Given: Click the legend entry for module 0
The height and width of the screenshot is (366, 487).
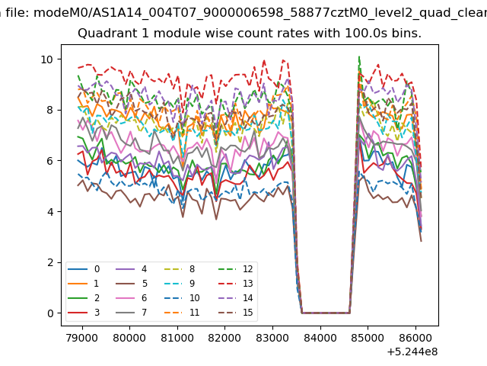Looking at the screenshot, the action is (84, 269).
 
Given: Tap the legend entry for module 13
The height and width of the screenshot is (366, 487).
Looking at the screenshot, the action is (236, 284).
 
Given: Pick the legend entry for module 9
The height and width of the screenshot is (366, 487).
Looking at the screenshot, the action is (180, 284).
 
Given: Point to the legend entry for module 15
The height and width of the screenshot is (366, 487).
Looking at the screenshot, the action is (236, 312).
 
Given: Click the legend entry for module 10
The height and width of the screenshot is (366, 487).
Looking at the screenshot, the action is (182, 298).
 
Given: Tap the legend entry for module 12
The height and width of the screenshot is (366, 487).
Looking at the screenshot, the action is (236, 269).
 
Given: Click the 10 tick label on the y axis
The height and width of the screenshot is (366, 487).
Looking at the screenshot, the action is (47, 59).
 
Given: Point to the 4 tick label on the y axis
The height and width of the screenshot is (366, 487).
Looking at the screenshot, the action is (50, 212).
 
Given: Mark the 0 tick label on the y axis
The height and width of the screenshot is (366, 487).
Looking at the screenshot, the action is (50, 313).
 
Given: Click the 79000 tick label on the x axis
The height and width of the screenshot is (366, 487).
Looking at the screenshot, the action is (82, 338).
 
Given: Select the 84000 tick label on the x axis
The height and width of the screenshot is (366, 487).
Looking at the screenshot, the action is (320, 338).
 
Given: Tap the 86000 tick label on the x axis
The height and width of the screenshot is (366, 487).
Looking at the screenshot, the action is (415, 338).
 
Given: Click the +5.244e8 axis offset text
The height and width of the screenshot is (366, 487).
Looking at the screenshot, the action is (412, 352).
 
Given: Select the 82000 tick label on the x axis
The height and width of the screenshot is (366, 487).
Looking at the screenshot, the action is (224, 338).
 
